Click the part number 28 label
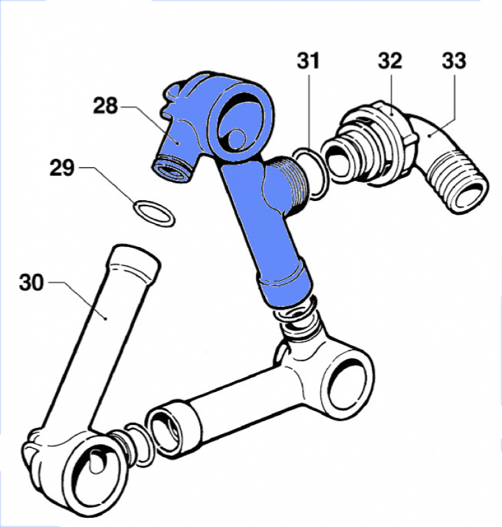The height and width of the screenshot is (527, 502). point(105,105)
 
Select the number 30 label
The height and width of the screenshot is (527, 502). point(31,283)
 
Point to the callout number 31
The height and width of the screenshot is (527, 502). point(307,61)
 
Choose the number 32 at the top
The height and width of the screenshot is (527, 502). point(389,61)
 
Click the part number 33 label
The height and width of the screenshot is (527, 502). point(453,61)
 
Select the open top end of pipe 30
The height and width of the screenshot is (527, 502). point(135,260)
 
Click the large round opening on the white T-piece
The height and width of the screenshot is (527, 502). point(349,385)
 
